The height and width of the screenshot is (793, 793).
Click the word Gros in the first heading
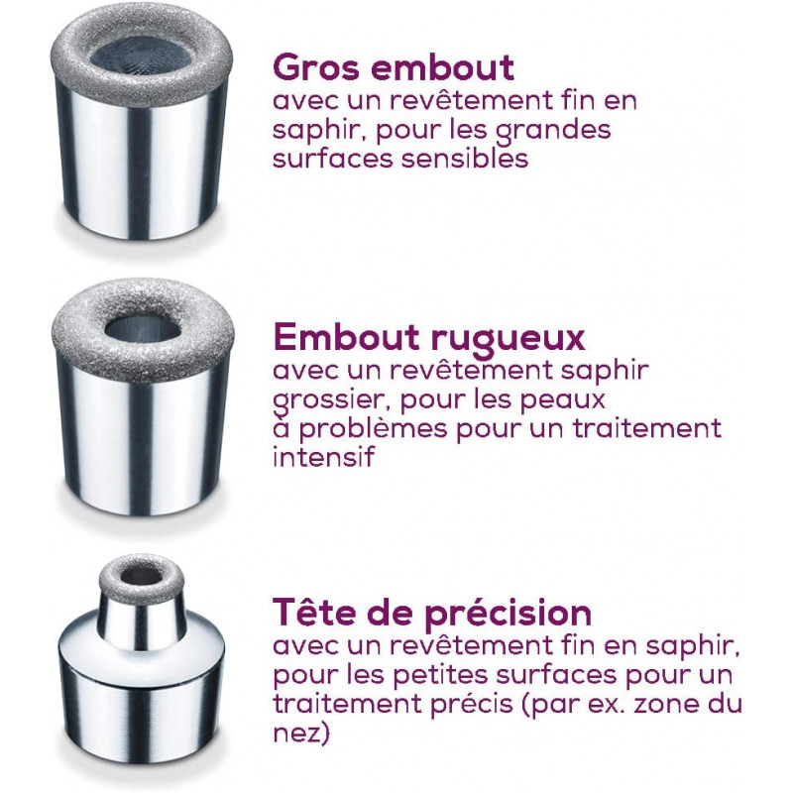click(x=317, y=67)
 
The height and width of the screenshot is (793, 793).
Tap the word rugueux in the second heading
click(x=508, y=338)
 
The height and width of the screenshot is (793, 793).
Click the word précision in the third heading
click(x=508, y=614)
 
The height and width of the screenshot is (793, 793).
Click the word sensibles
click(x=465, y=158)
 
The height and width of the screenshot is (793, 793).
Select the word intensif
click(x=324, y=457)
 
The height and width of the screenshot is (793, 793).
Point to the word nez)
click(x=301, y=733)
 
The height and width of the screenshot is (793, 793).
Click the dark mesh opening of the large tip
click(x=142, y=55)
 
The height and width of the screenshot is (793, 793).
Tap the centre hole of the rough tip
click(x=143, y=330)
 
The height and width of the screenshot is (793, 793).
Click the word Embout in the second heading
click(x=346, y=336)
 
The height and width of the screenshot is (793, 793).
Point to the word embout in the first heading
click(x=442, y=67)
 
